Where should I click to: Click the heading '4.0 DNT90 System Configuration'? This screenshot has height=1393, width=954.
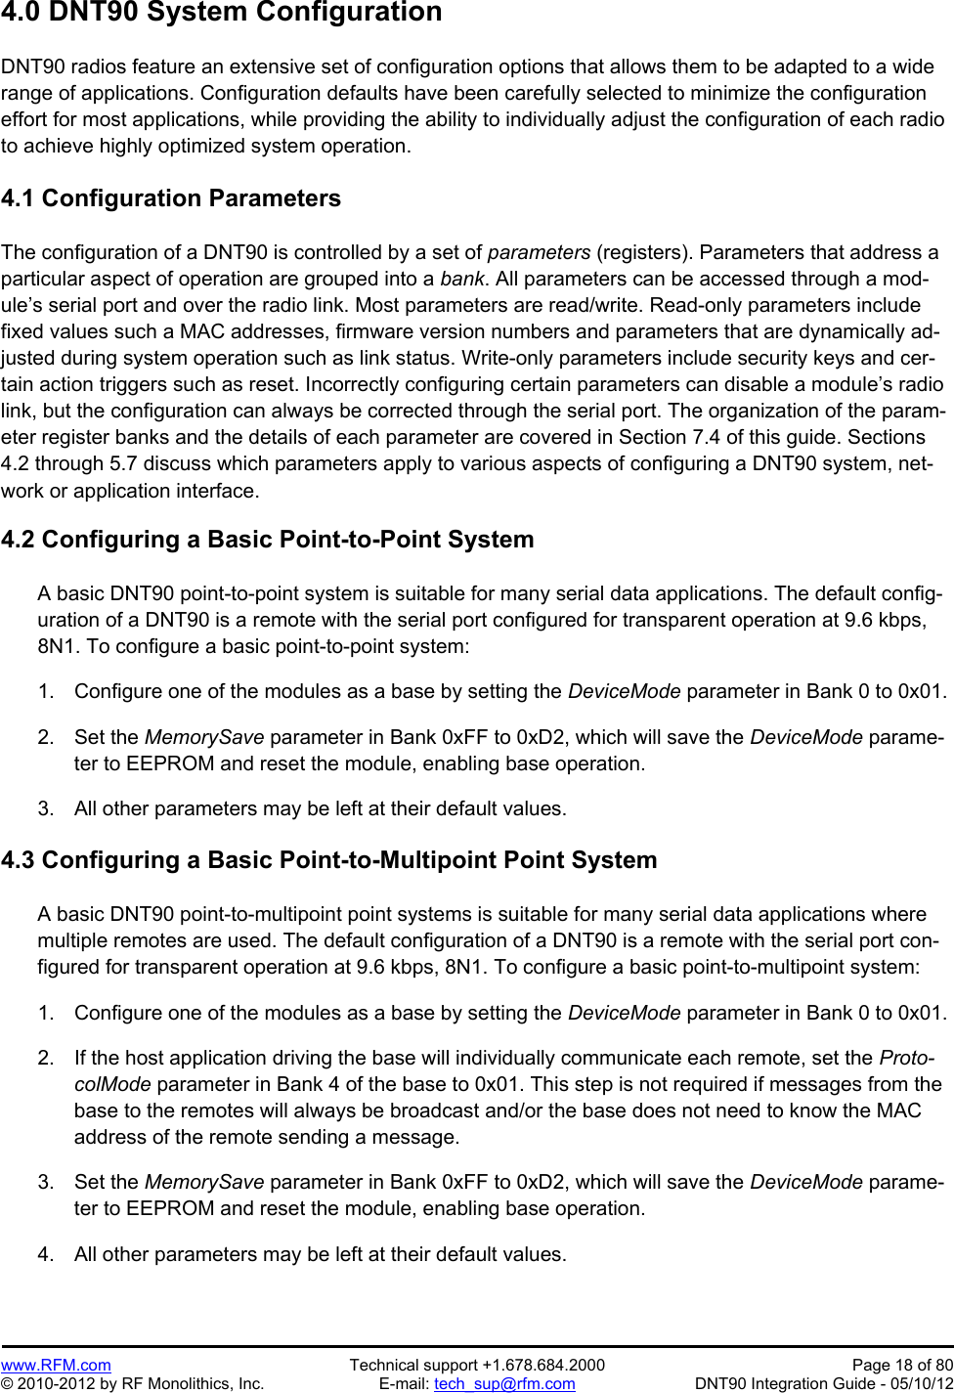tap(221, 13)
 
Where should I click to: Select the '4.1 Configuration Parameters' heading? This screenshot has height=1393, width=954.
tap(171, 198)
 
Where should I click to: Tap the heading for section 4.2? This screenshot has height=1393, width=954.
tap(268, 540)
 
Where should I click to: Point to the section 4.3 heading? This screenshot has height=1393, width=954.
tap(329, 860)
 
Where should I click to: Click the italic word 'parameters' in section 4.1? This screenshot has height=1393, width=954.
tap(539, 252)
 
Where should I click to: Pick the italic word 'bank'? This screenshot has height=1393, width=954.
tap(461, 279)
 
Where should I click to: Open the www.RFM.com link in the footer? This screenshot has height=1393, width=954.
tap(56, 1365)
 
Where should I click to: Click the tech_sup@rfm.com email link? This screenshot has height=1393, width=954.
tap(504, 1383)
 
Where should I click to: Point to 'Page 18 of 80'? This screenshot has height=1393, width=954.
tap(902, 1365)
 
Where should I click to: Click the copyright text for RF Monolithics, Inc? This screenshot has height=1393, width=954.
tap(132, 1383)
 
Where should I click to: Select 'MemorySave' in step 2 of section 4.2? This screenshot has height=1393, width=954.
tap(204, 737)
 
